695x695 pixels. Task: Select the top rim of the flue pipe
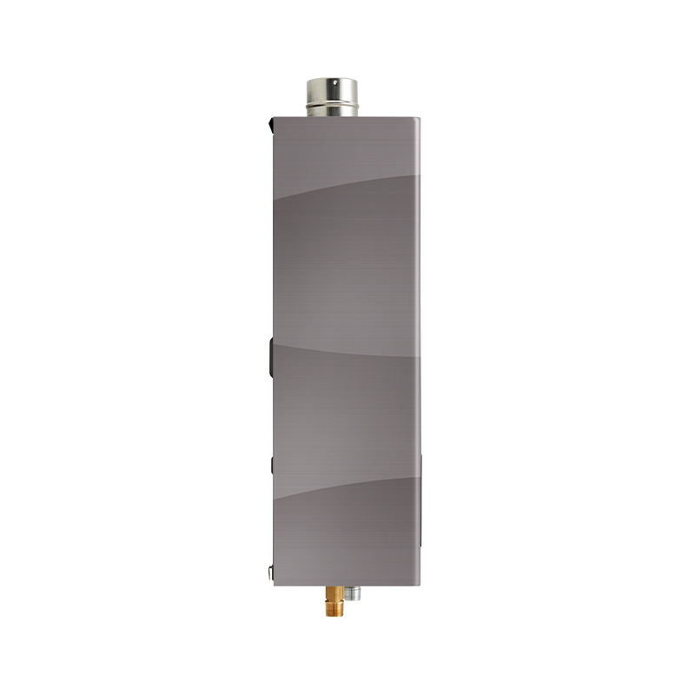[x=331, y=81]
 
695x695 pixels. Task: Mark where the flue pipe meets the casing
[x=331, y=116]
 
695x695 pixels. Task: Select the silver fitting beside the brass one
[x=351, y=594]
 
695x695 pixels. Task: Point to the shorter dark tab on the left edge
[x=271, y=465]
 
